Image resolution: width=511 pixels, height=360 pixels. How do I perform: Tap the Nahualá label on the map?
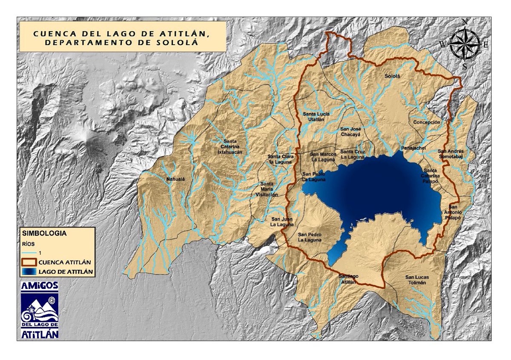[176, 180]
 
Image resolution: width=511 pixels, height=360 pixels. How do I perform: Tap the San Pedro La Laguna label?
[310, 237]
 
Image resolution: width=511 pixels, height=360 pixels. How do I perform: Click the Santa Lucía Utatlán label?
[313, 117]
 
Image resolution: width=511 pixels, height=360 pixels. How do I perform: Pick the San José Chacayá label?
[350, 131]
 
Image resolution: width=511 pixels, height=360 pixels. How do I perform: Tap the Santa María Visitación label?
[267, 189]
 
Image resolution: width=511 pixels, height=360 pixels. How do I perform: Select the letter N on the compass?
[465, 22]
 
